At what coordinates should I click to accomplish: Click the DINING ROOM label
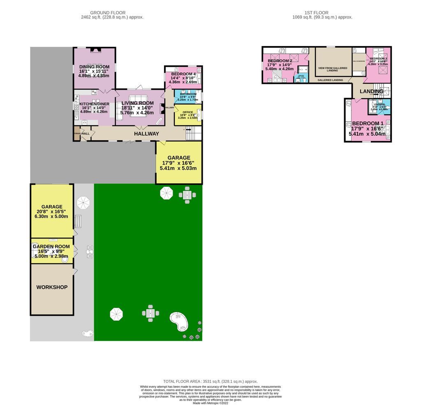[94, 67]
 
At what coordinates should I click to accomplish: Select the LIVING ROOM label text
[137, 103]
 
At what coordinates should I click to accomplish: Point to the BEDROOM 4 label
[183, 74]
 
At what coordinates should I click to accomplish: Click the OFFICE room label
[187, 112]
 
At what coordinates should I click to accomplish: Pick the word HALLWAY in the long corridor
[146, 134]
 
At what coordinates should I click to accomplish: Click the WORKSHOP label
[52, 287]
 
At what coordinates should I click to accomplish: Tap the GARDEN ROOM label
[53, 246]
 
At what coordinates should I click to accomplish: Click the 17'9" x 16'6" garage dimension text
[178, 163]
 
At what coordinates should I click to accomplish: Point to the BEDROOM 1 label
[368, 123]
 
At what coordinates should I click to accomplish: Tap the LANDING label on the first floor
[371, 91]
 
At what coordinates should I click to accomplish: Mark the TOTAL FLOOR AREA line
[210, 382]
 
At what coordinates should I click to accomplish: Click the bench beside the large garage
[79, 221]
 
